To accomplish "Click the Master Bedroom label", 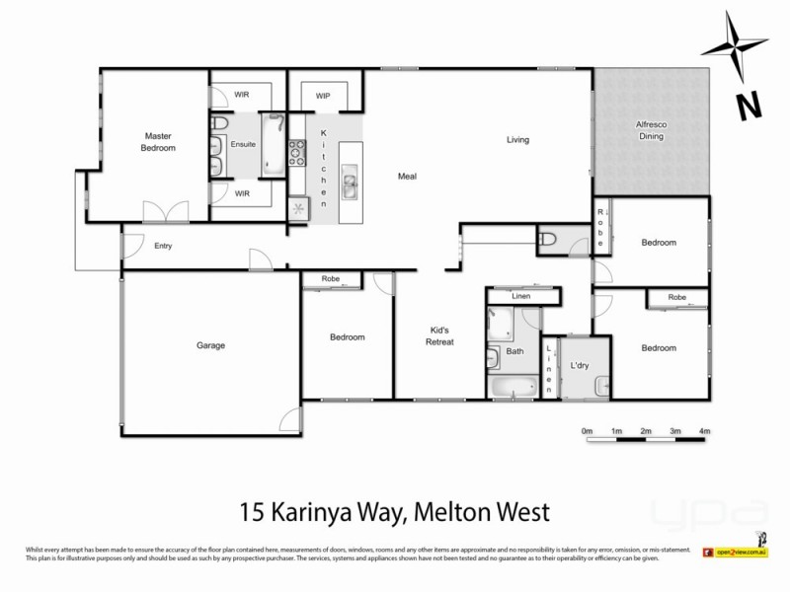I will (x=159, y=142).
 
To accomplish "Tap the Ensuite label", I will (x=243, y=144).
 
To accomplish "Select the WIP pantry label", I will (x=323, y=96).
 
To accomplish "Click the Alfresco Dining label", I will (x=650, y=130).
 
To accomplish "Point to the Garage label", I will (x=210, y=345).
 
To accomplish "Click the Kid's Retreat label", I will (x=439, y=335).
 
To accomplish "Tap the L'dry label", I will (x=580, y=367).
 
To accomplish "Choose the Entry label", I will (x=163, y=246).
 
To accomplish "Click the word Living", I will (x=518, y=140).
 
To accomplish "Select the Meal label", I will (x=407, y=177).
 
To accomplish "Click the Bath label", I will (x=514, y=351).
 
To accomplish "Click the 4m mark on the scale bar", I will (x=705, y=432).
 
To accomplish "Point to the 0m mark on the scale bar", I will (x=587, y=432).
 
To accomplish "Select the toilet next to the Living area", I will (x=549, y=238).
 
